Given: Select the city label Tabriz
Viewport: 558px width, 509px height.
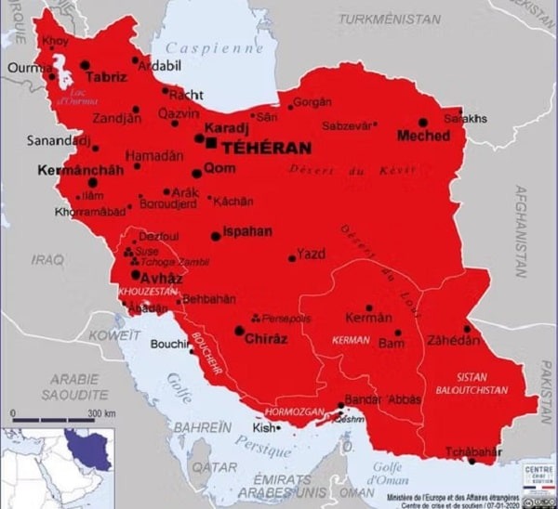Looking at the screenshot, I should pos(106,77).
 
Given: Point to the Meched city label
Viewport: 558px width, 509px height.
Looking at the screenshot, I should pos(423,136).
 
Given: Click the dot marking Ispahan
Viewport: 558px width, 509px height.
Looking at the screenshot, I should pos(216,236).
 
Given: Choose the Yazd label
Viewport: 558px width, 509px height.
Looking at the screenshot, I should pos(311,252).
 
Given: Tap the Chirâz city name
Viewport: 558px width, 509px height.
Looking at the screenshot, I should pos(266,339).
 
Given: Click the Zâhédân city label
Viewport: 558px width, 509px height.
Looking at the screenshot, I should pos(453,340).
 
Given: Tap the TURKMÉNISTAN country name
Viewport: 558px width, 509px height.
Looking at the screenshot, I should pos(389,19).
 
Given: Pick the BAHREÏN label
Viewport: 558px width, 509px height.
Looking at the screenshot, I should pos(201,426).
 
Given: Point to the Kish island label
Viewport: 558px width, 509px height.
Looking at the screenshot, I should pos(265,428).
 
